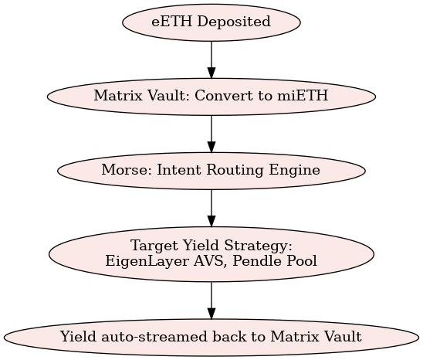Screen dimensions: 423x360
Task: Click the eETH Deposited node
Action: [211, 22]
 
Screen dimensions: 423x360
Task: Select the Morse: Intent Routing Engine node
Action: [211, 171]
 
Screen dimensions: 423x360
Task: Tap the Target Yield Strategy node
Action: [211, 254]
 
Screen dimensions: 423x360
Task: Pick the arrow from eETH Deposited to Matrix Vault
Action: [211, 59]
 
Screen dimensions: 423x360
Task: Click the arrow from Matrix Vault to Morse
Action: [211, 134]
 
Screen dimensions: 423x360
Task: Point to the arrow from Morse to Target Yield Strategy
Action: [211, 208]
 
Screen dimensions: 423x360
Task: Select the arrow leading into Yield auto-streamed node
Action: [211, 301]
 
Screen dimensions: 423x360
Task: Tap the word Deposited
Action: [234, 22]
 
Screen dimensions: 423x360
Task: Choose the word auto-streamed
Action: [154, 337]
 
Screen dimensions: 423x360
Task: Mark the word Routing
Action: [235, 171]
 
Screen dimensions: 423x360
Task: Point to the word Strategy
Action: [259, 246]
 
